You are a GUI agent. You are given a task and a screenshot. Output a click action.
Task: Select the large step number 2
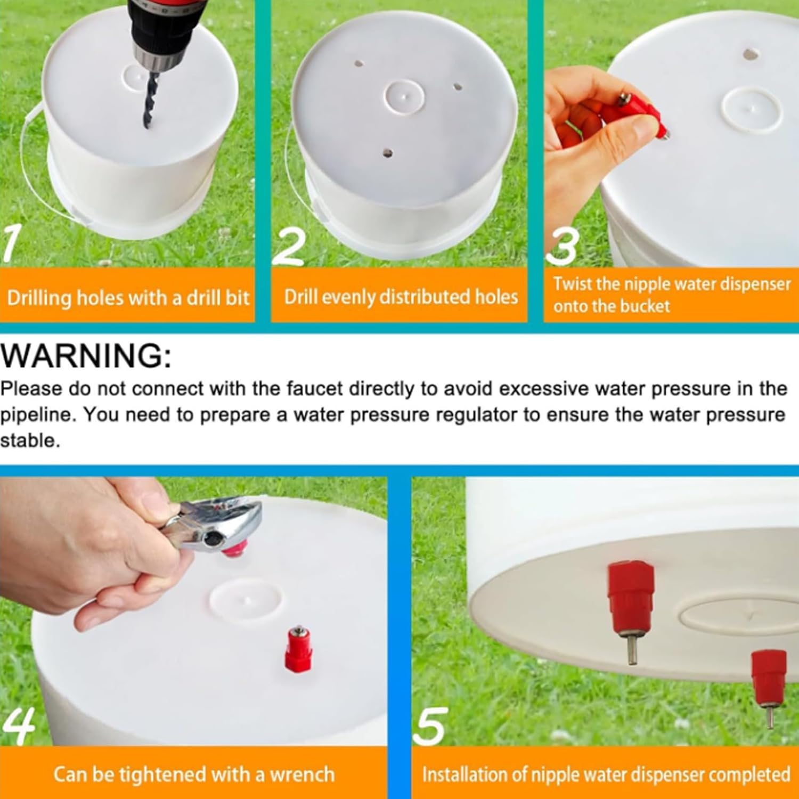289,246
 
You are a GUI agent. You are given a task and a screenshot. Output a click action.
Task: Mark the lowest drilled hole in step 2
387,154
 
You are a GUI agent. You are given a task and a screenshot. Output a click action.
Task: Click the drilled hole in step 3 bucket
751,54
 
